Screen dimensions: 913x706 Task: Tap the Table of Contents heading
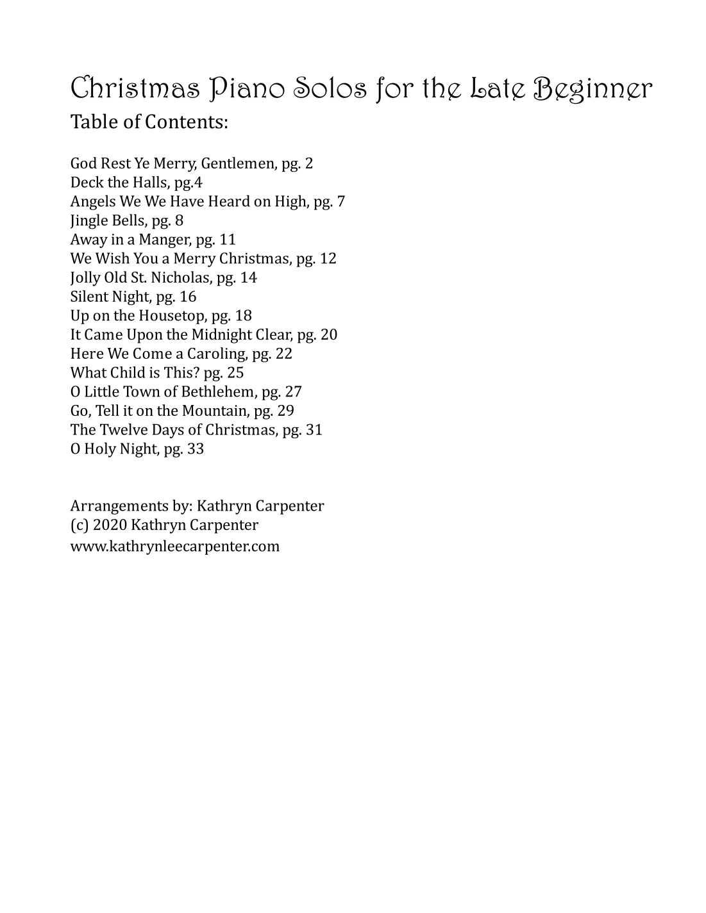[149, 122]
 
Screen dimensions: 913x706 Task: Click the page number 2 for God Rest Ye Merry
[309, 163]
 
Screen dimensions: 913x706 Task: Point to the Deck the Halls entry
[136, 183]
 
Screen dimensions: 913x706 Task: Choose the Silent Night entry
[133, 297]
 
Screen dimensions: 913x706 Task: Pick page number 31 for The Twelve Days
[314, 430]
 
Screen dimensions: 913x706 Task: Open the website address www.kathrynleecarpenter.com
[175, 547]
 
